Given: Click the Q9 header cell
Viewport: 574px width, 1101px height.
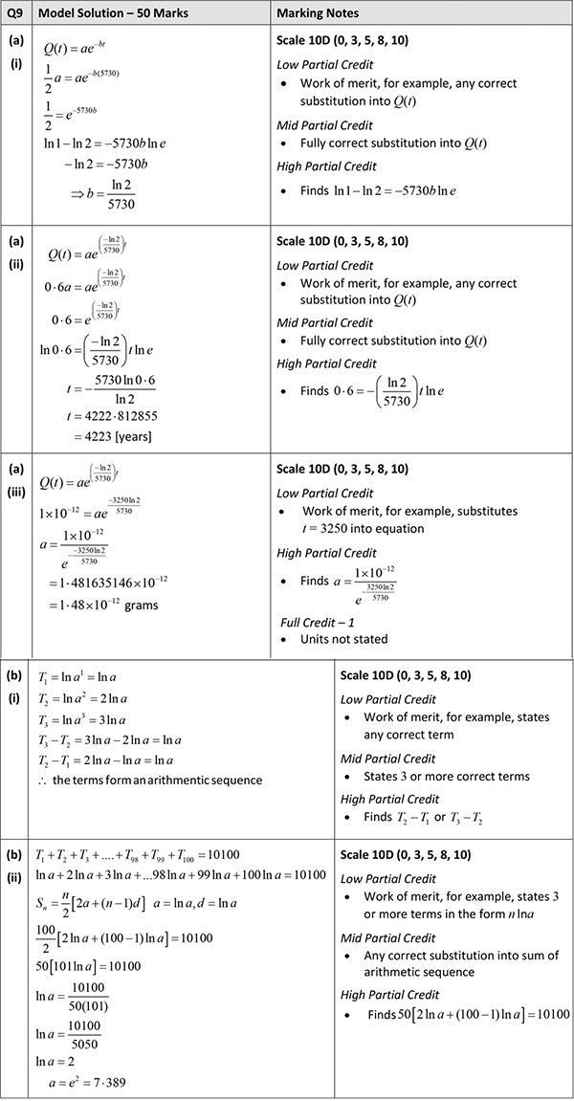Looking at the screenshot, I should tap(15, 13).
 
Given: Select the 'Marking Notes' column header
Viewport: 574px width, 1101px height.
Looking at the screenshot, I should tap(318, 13).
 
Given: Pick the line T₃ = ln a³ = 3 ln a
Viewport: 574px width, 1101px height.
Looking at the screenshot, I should tap(81, 719).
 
